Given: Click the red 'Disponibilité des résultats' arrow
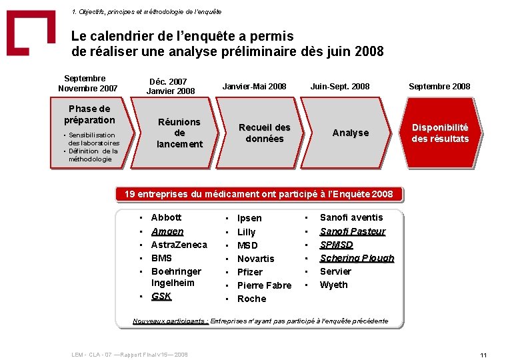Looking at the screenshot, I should pos(439,133).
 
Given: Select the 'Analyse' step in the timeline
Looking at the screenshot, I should pos(350,133).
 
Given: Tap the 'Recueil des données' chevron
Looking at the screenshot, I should pos(264,133).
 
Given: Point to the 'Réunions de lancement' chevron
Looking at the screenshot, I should pos(179,133).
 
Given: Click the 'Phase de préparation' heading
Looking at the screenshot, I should pos(89,114).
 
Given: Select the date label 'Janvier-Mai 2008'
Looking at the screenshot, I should pos(254,86).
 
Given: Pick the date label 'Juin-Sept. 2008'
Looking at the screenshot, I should pos(339,86).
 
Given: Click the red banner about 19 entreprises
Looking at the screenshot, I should pos(259,194).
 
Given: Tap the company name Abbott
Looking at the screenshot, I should pos(166,217).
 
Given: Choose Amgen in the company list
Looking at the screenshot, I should pos(167,231).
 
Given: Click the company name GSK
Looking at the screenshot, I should pos(161,296).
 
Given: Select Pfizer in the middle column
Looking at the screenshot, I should pos(250,272).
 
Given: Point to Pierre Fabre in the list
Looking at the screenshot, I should pos(264,285).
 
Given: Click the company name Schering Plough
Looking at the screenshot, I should pos(357,258).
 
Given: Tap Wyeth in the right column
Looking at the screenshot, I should pos(333,285).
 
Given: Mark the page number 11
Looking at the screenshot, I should pos(484,355).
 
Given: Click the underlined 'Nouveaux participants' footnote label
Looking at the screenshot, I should pos(170,321).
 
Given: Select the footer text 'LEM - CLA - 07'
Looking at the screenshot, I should pos(93,354).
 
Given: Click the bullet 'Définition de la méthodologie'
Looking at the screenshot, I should pos(93,155).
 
